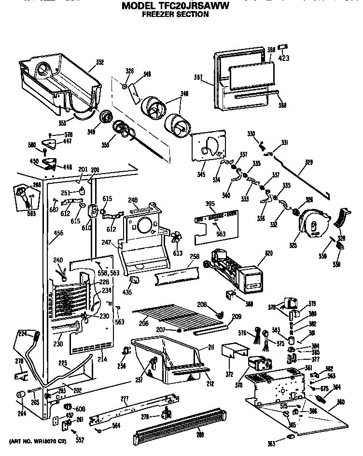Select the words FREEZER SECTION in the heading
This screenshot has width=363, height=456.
[175, 15]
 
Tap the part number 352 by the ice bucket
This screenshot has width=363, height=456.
[100, 62]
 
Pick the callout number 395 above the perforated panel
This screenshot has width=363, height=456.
[210, 204]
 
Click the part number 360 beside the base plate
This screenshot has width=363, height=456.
[341, 402]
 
